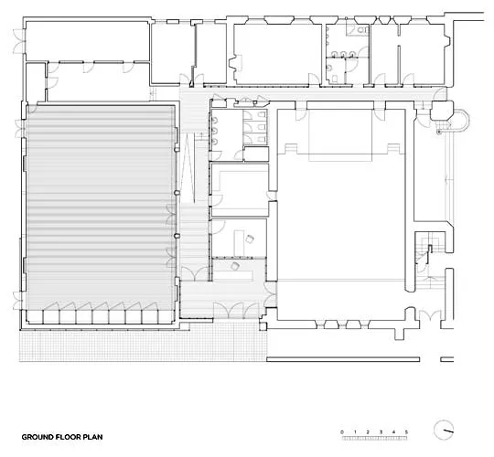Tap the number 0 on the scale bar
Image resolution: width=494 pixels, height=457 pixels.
[x=342, y=432]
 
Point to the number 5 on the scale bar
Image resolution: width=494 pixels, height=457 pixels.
[x=406, y=432]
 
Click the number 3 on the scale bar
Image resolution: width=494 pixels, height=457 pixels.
[x=381, y=432]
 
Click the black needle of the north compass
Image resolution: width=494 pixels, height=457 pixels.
[x=447, y=430]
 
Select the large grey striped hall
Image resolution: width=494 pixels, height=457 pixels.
[x=101, y=207]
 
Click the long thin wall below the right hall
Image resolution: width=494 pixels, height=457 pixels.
[x=343, y=359]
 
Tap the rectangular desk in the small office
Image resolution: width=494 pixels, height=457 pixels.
[x=239, y=242]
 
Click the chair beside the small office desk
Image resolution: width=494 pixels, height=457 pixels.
[x=250, y=239]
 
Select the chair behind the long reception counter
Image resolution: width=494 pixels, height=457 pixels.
[x=235, y=266]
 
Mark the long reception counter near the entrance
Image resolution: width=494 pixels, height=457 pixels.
[x=233, y=275]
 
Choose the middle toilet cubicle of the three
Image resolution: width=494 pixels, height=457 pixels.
[x=255, y=127]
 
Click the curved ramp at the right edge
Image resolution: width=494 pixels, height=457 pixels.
[x=463, y=123]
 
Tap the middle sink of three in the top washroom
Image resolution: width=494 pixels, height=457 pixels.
[x=343, y=54]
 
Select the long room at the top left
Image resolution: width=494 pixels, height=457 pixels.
[x=87, y=41]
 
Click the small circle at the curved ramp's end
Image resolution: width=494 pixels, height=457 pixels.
[x=438, y=133]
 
